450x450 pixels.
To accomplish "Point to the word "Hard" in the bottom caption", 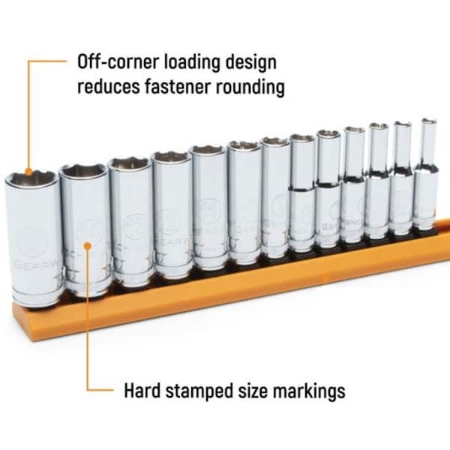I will coord(142,391).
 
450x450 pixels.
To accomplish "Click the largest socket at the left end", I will coord(33,240).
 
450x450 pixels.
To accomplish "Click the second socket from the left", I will coord(85,229).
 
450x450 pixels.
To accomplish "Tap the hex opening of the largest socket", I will coord(31,180).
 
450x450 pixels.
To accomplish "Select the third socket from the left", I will coord(130,221).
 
